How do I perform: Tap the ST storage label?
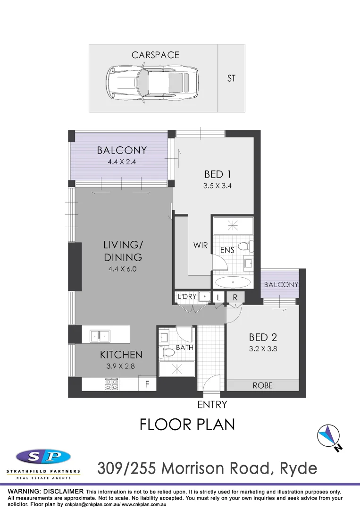tap(231, 78)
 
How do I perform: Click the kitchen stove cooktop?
tap(111, 384)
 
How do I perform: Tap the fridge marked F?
tap(147, 384)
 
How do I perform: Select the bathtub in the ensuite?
tap(233, 283)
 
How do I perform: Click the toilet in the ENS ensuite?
tap(246, 246)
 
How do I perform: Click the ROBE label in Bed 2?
tap(262, 385)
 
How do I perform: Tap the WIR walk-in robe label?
tap(201, 246)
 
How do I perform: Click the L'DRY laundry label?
tap(187, 297)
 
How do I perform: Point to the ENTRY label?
tap(212, 405)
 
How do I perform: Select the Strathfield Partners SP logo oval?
tap(43, 457)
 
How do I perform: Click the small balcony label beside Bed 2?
tap(281, 284)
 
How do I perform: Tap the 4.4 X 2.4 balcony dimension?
tap(122, 161)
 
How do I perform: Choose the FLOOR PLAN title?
tap(187, 425)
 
